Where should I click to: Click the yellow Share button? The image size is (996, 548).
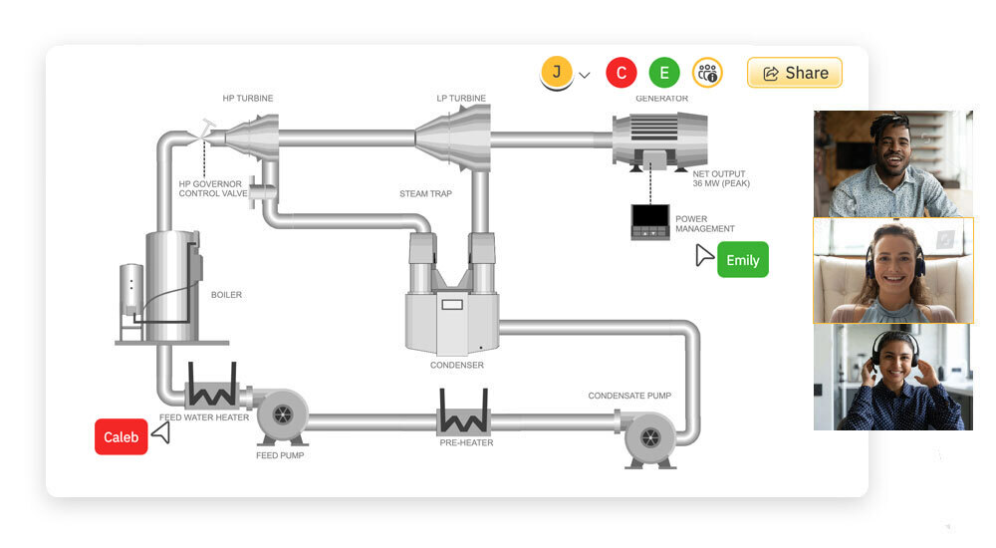(x=795, y=73)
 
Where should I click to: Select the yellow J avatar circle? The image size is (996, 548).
(x=557, y=72)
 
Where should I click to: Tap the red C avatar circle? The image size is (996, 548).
(x=622, y=73)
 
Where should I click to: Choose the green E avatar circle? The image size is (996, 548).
(x=664, y=73)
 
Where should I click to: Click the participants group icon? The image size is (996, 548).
(x=707, y=73)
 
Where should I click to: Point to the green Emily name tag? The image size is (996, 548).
(x=742, y=260)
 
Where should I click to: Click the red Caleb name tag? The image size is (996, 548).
(x=122, y=437)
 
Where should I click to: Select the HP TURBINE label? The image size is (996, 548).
(x=248, y=99)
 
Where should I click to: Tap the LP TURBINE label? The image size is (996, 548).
(x=461, y=99)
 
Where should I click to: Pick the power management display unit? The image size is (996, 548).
(x=650, y=221)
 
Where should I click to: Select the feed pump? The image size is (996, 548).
(x=281, y=415)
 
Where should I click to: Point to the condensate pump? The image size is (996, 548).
(x=650, y=437)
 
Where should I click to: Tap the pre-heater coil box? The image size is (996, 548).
(x=463, y=411)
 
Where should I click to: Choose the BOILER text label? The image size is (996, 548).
(x=226, y=295)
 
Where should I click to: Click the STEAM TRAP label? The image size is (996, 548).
(x=425, y=193)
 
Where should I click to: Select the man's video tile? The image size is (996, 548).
(x=892, y=163)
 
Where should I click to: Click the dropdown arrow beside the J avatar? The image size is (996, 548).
(x=585, y=75)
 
